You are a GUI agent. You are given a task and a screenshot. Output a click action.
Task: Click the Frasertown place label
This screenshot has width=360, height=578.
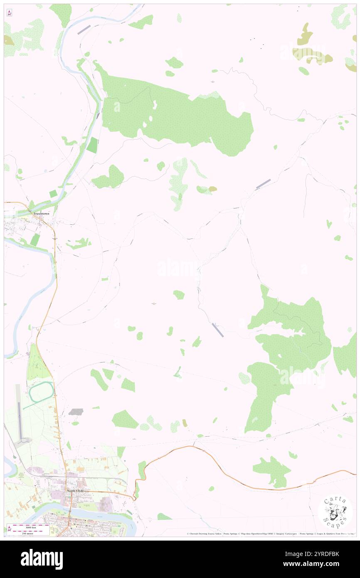[x=42, y=213]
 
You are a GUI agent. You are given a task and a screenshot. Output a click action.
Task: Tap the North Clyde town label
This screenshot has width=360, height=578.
[x=75, y=491]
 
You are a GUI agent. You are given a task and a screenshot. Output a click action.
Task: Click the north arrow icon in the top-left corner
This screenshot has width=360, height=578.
[x=9, y=13]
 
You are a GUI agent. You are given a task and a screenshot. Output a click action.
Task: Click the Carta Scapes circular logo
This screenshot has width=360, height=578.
[x=335, y=512]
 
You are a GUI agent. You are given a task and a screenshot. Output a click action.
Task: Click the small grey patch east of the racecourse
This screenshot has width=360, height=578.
[x=76, y=412]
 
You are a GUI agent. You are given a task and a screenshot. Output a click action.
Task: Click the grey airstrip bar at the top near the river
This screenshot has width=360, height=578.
[x=84, y=29]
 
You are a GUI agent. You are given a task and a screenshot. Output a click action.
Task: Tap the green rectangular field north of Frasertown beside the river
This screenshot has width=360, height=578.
[x=92, y=144]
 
